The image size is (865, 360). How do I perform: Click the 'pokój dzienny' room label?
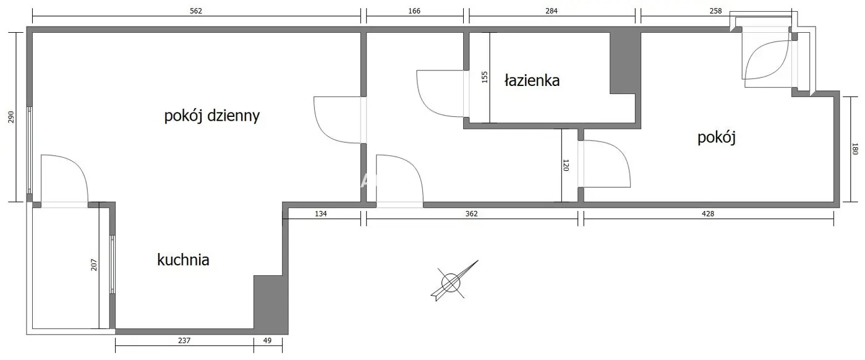click(212, 116)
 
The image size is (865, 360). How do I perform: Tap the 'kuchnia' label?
click(183, 260)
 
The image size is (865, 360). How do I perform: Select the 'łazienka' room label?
click(532, 80)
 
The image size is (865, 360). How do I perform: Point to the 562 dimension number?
click(196, 11)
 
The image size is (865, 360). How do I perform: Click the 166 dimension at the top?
click(414, 11)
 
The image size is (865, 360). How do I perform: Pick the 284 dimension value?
click(552, 11)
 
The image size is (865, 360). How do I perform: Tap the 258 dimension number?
click(715, 11)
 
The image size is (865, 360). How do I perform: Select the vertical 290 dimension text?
click(11, 117)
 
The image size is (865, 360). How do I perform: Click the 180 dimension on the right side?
click(854, 149)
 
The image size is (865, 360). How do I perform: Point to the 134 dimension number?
click(321, 213)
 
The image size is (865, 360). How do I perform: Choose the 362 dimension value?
click(472, 213)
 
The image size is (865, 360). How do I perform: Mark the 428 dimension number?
click(708, 213)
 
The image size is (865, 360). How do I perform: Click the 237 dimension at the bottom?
click(184, 341)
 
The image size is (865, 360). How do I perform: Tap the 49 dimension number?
click(267, 341)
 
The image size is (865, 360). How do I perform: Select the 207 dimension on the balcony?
click(94, 265)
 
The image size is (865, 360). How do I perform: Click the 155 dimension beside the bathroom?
click(485, 77)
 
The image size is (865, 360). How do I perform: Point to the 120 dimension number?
click(566, 165)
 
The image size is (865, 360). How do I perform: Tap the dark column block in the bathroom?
click(625, 63)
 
